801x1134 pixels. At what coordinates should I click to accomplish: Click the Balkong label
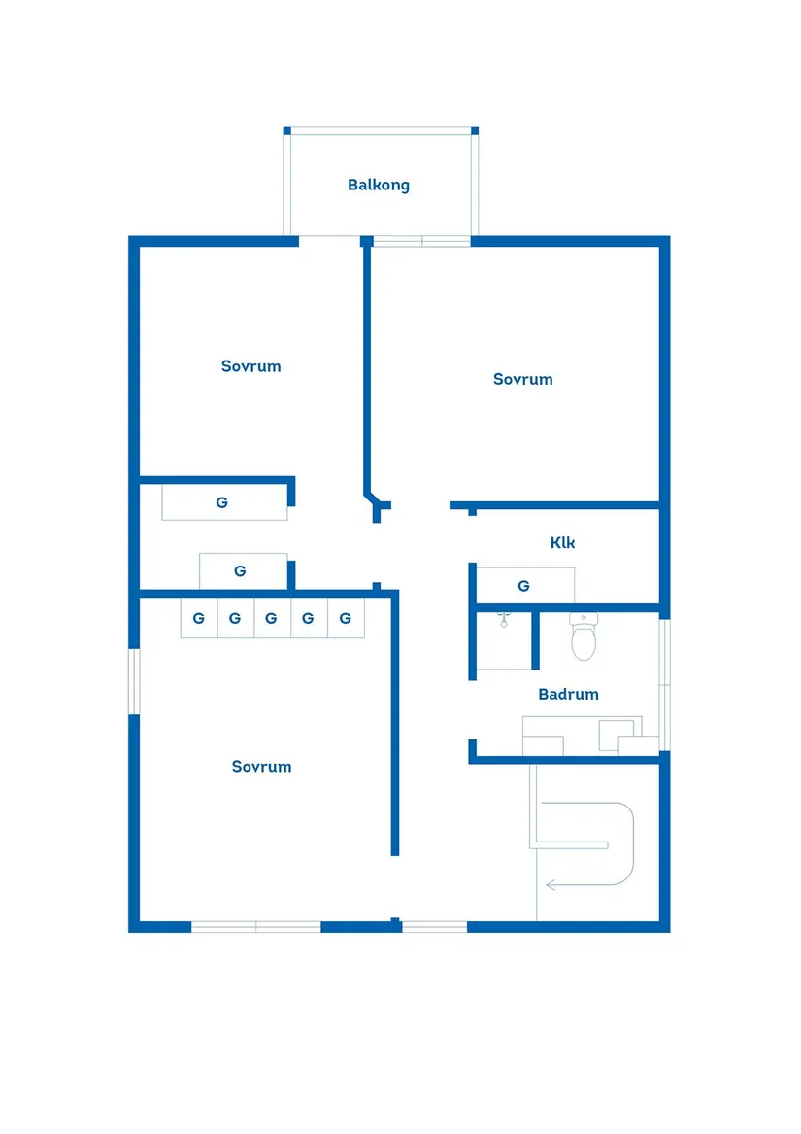click(378, 186)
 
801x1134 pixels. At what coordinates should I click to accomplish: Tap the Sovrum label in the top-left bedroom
click(250, 366)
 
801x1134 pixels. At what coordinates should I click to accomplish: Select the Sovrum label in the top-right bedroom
click(522, 380)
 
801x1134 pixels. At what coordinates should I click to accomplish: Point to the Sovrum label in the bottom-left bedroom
click(262, 767)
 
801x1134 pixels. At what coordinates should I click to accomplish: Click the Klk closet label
click(562, 542)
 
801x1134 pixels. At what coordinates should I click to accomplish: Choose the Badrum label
click(568, 694)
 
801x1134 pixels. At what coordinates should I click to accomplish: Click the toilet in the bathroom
click(584, 636)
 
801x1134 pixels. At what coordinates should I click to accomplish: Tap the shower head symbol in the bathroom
click(504, 619)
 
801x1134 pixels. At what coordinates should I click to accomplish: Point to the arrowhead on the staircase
click(551, 884)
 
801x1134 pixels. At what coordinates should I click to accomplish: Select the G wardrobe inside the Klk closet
click(524, 586)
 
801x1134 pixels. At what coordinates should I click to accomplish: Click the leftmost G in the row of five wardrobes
click(199, 618)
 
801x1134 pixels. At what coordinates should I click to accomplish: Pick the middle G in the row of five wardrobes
click(272, 618)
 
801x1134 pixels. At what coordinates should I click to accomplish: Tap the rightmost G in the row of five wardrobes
click(346, 618)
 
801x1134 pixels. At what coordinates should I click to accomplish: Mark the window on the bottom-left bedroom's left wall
click(134, 681)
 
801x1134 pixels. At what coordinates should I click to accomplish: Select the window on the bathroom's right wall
click(664, 684)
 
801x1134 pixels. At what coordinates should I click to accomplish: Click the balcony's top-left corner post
click(287, 131)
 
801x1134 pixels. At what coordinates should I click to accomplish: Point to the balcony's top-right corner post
click(475, 131)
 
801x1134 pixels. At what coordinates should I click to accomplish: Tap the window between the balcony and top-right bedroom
click(422, 242)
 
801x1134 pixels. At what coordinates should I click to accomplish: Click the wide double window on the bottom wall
click(256, 926)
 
